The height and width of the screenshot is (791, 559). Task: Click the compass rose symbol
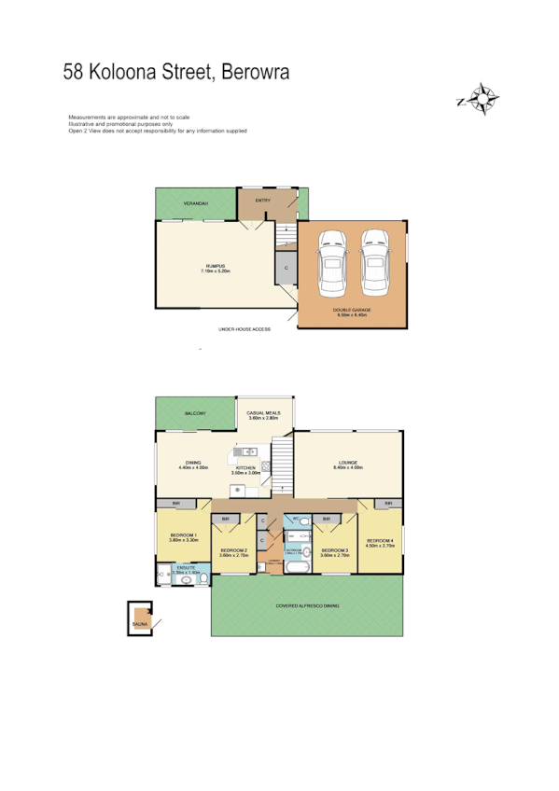482,98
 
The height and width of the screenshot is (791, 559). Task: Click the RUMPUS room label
217,267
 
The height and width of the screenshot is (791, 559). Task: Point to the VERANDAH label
195,202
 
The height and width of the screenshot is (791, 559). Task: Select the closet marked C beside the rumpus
286,268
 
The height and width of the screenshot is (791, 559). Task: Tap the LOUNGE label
349,463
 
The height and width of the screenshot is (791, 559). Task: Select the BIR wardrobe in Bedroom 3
327,518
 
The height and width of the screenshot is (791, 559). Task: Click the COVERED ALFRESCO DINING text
307,605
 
